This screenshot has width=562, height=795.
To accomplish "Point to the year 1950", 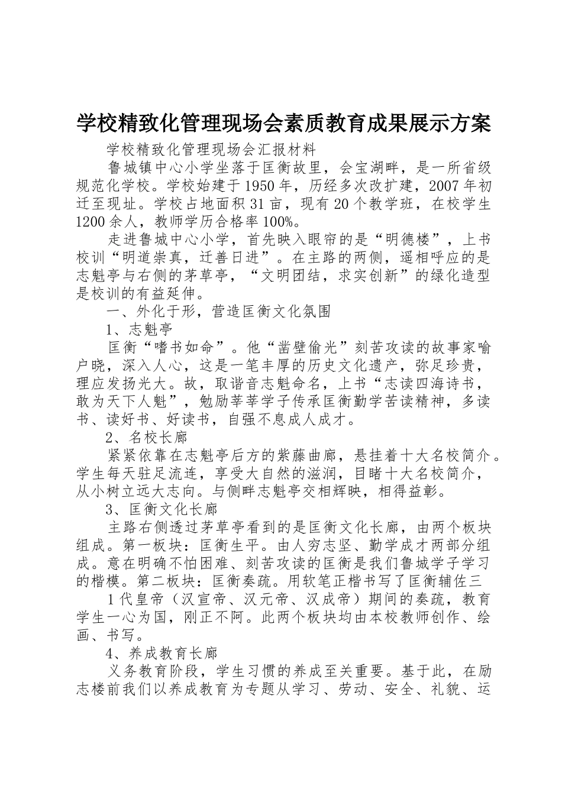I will point(261,186).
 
